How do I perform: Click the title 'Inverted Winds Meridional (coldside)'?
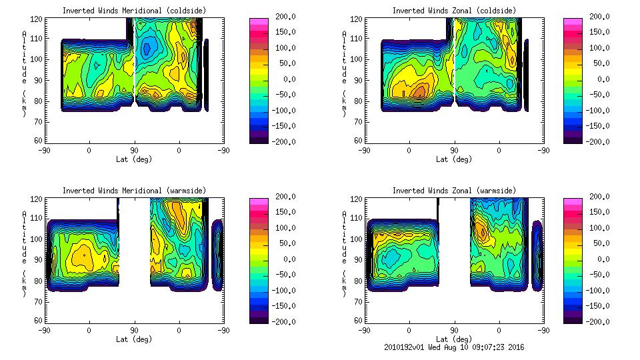point(135,11)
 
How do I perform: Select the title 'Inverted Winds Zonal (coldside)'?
point(454,11)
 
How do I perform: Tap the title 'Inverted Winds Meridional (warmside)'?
point(135,191)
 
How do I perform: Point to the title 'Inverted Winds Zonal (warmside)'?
point(454,191)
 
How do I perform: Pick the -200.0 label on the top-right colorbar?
point(596,141)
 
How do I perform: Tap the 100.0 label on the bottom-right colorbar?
point(596,228)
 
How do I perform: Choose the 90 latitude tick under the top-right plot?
point(454,151)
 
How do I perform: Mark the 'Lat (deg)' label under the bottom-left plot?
point(135,339)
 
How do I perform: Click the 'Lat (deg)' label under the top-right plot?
point(454,159)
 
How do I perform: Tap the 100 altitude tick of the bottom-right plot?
point(357,239)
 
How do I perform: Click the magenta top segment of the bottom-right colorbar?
point(573,201)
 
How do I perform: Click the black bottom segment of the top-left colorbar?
point(259,139)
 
